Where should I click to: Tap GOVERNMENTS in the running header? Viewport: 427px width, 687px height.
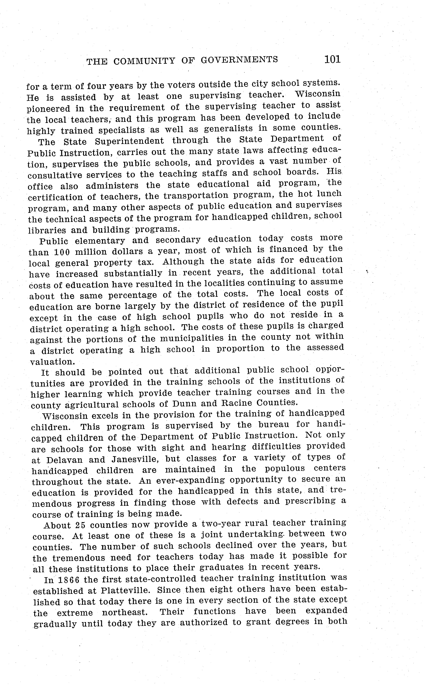click(239, 60)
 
